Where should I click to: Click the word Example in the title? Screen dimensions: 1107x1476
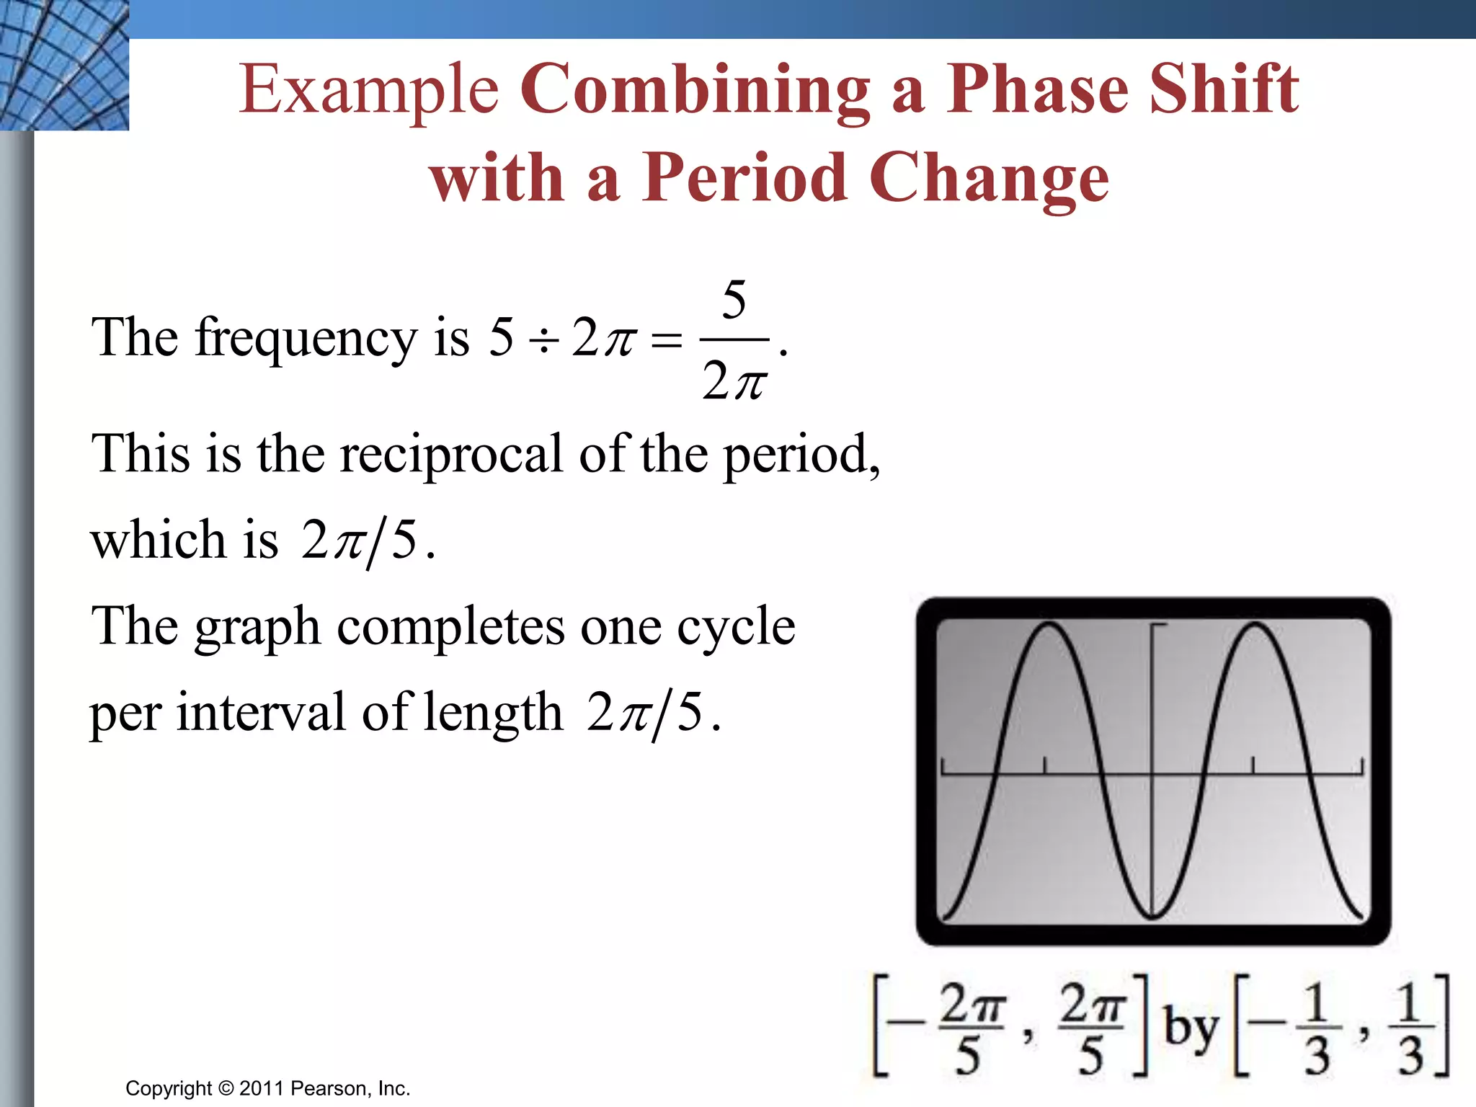point(368,90)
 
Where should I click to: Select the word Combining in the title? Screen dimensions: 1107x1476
point(694,90)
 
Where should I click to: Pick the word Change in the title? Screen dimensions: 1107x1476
point(989,179)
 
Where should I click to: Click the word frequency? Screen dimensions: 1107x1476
point(306,339)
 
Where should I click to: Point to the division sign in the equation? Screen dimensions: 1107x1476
point(543,340)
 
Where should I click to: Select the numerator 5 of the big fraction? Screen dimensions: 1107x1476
point(734,300)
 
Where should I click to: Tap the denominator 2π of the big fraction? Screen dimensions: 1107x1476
point(734,381)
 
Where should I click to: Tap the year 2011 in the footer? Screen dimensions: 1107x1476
point(262,1088)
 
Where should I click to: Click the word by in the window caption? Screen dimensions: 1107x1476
point(1191,1028)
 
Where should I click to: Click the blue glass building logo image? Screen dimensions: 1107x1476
point(64,65)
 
